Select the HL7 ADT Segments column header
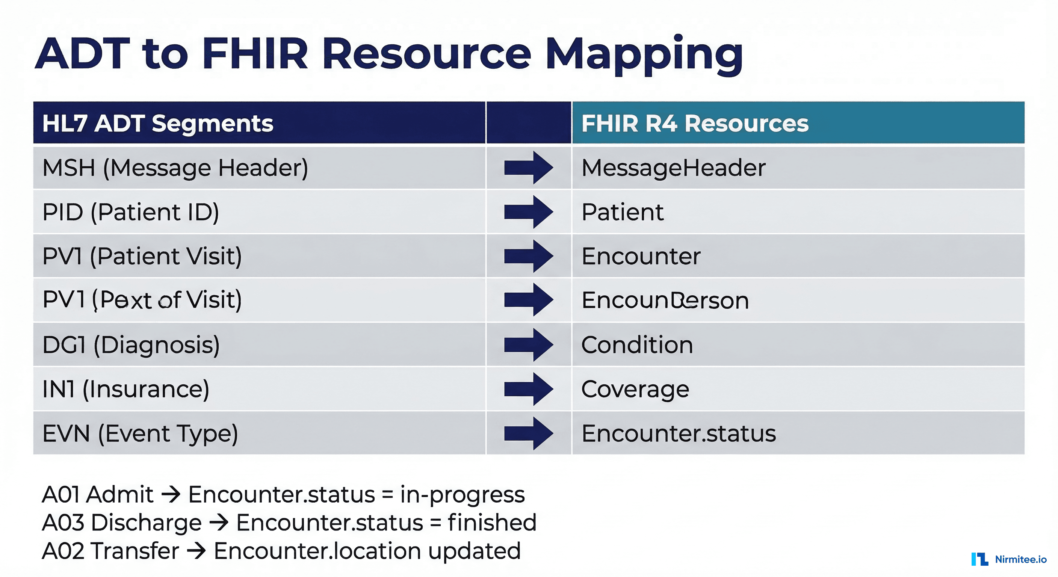pos(158,123)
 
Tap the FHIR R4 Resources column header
pos(695,123)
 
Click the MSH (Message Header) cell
pos(175,168)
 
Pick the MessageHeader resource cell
pos(674,168)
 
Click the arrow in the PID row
pos(528,212)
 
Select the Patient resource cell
pos(622,212)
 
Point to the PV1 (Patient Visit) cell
pos(142,256)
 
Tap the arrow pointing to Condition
pos(528,344)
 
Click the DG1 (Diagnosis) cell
pos(131,344)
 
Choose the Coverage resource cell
pos(635,389)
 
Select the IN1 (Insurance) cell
pos(126,389)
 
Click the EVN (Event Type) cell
pos(140,433)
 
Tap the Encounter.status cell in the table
pos(679,433)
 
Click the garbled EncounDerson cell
pos(665,300)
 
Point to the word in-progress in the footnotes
pos(462,494)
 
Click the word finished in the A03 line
pos(492,523)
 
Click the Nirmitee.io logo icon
pos(979,559)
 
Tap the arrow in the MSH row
pos(528,168)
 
